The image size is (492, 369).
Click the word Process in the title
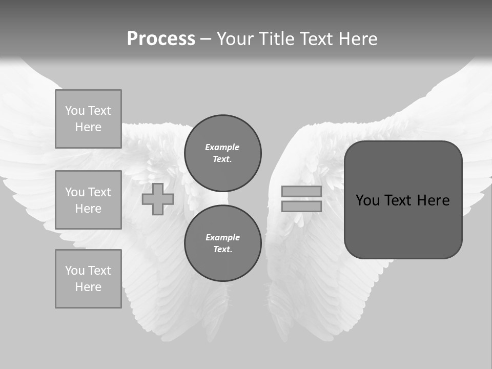tap(161, 39)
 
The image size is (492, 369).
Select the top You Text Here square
tap(88, 119)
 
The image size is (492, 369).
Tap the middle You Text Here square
tap(88, 200)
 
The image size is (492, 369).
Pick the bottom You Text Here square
tap(88, 279)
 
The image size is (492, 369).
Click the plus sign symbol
tap(158, 199)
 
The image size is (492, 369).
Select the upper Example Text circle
tap(223, 153)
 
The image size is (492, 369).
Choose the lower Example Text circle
tap(223, 243)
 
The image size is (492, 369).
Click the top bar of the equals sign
tap(301, 191)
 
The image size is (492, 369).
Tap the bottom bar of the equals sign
tap(301, 206)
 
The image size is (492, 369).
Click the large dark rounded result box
tap(403, 200)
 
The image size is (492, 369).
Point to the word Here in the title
tap(357, 39)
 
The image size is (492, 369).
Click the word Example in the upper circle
tap(222, 147)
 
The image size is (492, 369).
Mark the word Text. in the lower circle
tap(222, 250)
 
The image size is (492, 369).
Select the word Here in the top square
tap(88, 127)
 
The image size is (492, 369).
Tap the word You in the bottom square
tap(75, 271)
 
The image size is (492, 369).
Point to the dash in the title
tap(206, 39)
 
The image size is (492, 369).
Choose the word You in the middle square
tap(75, 192)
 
